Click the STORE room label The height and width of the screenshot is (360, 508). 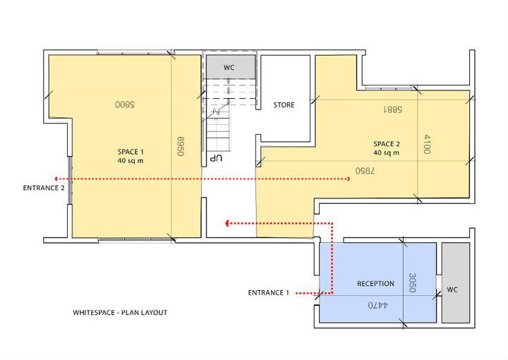284,105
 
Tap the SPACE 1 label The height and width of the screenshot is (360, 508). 131,152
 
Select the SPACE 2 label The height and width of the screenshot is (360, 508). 387,144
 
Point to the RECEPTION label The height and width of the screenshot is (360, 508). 375,284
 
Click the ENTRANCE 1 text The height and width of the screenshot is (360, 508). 268,293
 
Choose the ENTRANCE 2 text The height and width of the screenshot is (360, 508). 44,188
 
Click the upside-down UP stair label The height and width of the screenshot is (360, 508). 216,158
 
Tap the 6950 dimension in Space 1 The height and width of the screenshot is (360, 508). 181,146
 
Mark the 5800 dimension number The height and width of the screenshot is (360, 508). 125,104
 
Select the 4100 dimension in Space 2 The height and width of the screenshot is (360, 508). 427,144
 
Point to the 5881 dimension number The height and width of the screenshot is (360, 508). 393,109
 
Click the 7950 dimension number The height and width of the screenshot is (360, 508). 365,171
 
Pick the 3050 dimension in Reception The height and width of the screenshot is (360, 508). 412,282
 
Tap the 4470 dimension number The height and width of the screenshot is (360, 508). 377,305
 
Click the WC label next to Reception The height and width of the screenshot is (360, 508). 452,289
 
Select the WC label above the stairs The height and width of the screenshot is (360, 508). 229,67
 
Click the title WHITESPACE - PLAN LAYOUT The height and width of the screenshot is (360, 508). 120,313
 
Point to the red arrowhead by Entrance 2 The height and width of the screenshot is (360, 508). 56,179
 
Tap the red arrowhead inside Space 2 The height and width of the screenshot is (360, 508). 349,179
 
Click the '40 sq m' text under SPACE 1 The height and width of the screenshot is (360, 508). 131,161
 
